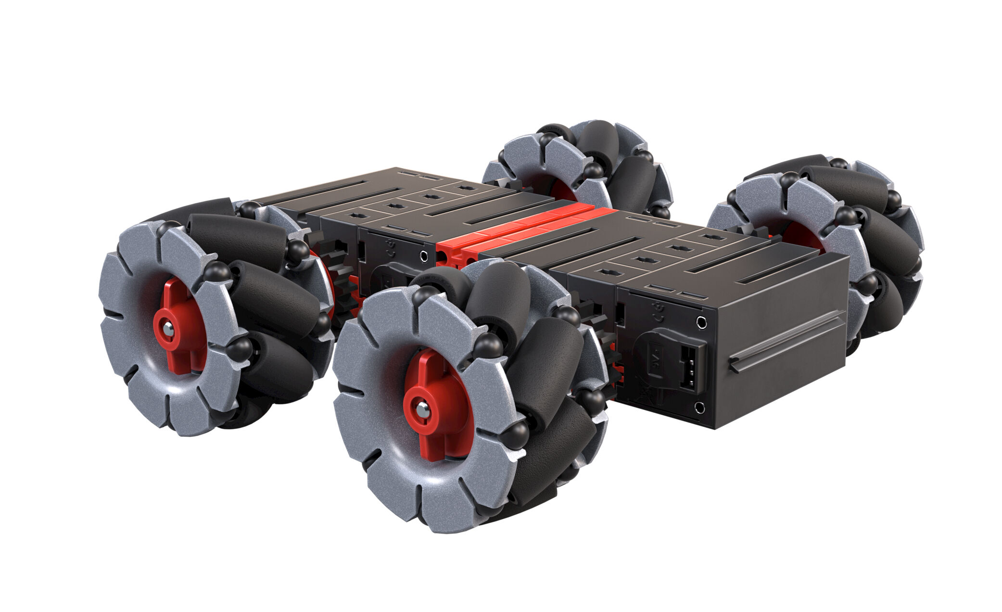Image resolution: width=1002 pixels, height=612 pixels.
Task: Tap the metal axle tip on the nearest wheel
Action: coord(422,410)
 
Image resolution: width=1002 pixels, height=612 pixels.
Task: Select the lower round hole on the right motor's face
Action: coord(700,408)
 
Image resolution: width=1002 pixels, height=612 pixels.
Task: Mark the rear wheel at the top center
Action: coord(577,166)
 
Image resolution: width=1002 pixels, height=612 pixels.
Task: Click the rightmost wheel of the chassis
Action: coord(818,241)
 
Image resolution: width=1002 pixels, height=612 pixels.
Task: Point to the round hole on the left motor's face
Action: coord(424,256)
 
